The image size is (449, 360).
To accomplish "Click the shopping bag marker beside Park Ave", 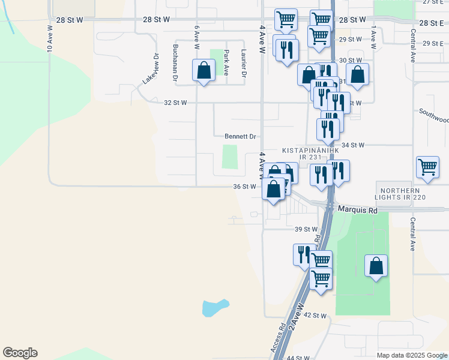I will point(204,70).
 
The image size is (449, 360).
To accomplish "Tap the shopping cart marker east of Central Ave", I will point(427,167).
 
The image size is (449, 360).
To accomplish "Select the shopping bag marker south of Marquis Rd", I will point(376,265).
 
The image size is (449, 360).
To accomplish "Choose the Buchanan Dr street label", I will point(175,62).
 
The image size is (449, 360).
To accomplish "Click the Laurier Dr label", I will point(244,62).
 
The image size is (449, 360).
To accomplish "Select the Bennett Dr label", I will point(240,136).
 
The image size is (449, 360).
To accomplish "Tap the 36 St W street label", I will point(245,187).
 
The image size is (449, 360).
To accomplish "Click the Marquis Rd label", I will point(357,211).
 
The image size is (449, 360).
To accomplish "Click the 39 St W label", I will point(306,229).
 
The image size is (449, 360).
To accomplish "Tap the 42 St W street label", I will point(315,315).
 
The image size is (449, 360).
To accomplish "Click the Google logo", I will point(20,353).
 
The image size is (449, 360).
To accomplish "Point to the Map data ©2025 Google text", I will point(411,355).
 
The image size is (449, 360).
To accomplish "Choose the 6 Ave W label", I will point(196,37).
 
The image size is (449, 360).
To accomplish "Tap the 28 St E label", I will point(431,22).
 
